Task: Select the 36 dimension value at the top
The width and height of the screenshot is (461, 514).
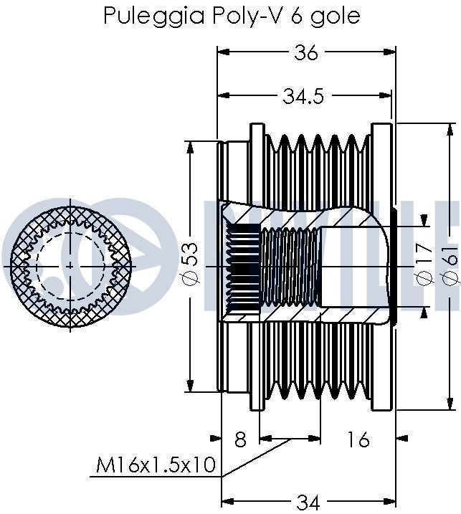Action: tap(307, 52)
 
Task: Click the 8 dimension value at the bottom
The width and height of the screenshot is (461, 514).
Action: tap(240, 439)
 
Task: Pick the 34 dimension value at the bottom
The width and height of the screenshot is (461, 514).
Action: tap(308, 503)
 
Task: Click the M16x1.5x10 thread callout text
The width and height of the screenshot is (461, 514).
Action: tap(156, 465)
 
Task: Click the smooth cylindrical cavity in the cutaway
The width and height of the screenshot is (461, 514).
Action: tap(355, 266)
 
